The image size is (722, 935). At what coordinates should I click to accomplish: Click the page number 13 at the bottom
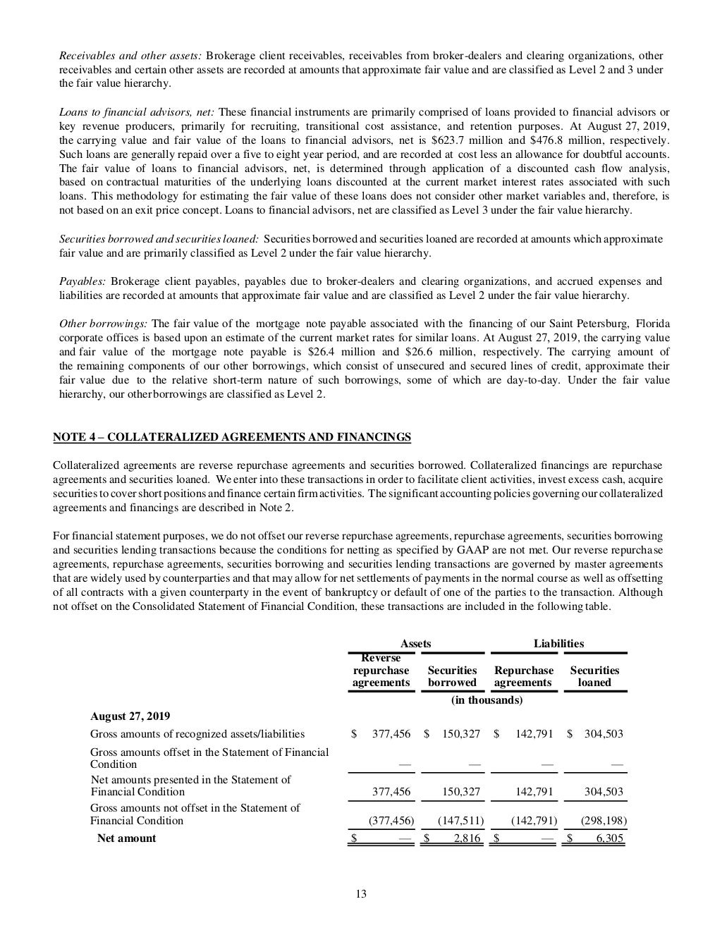pos(360,894)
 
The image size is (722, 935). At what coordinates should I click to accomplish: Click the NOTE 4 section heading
pos(232,437)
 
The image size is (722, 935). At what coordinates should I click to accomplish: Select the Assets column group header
pos(415,643)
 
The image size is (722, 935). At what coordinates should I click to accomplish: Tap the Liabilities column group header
pos(558,643)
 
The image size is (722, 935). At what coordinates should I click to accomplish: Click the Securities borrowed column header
pos(452,676)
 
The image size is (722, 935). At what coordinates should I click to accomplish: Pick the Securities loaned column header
pos(594,676)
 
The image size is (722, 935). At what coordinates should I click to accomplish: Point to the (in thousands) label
pos(487,700)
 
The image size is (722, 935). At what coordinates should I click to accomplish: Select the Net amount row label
pos(126,838)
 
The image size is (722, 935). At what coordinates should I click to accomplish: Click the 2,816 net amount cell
pos(465,838)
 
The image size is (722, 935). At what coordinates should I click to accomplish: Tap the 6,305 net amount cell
pos(609,838)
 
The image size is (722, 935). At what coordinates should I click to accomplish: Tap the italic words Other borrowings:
pos(104,324)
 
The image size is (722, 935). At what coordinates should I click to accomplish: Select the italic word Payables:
pos(82,281)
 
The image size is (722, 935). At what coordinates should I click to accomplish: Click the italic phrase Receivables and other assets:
pos(130,56)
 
